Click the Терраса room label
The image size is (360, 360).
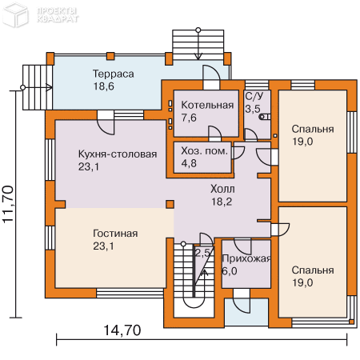point(112,74)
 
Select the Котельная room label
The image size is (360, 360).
point(206,105)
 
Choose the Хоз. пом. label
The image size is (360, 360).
point(204,150)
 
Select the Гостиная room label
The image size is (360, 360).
point(115,234)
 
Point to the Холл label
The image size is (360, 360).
point(222,190)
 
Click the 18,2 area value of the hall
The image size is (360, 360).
point(222,202)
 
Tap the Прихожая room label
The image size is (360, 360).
point(246,259)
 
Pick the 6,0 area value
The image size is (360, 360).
point(230,271)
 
